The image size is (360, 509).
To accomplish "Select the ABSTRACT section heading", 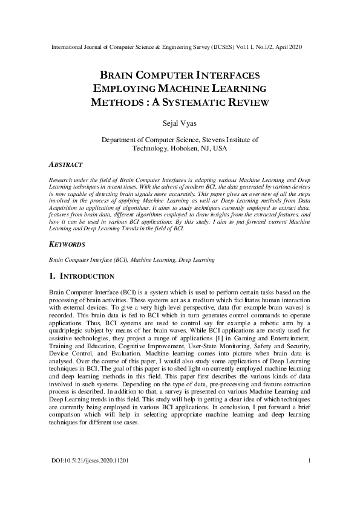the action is pos(65,164).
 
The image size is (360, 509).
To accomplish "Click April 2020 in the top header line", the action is pos(287,47).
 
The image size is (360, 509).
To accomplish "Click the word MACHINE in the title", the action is pos(189,89).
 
